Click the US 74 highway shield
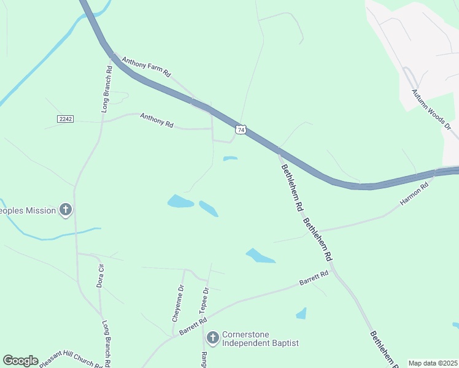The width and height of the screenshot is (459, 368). [x=241, y=129]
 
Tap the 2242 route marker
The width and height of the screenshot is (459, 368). [x=66, y=118]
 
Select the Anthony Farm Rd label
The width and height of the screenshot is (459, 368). [x=146, y=67]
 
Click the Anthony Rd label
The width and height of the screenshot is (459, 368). [x=156, y=120]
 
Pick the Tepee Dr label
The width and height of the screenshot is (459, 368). [x=204, y=300]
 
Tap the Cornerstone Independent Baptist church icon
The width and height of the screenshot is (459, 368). [x=212, y=337]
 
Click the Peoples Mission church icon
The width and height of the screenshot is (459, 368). [x=66, y=210]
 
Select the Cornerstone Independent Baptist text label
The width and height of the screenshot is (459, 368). [x=260, y=339]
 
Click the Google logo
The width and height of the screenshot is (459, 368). [x=20, y=361]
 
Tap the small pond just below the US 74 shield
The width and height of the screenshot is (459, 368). [x=230, y=158]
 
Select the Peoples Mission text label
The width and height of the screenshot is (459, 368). [x=27, y=210]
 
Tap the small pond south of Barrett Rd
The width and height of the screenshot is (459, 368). [x=301, y=314]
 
